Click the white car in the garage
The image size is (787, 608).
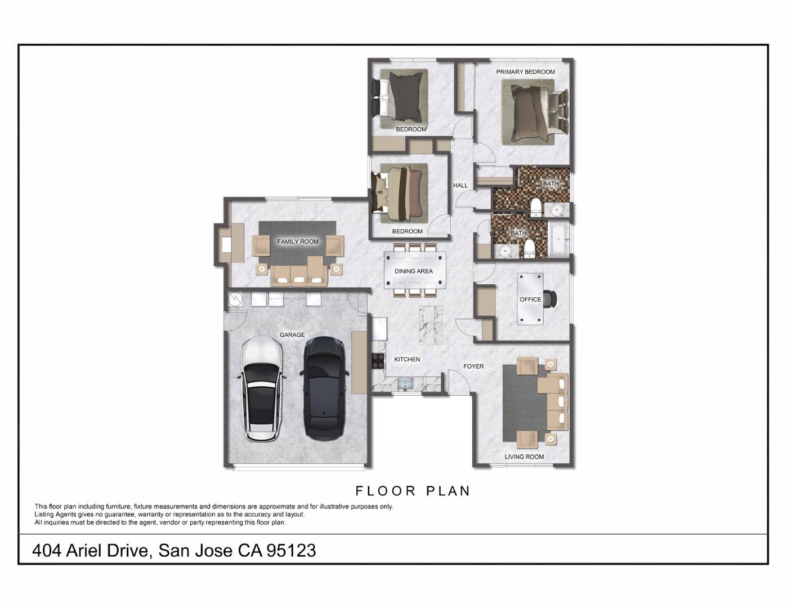pyautogui.click(x=262, y=388)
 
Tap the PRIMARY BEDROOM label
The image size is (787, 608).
pyautogui.click(x=525, y=72)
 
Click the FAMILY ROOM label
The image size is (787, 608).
pyautogui.click(x=298, y=242)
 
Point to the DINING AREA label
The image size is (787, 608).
pyautogui.click(x=414, y=271)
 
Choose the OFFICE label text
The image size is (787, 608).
pyautogui.click(x=530, y=299)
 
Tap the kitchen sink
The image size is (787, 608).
pyautogui.click(x=405, y=384)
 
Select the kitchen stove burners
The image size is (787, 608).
pyautogui.click(x=377, y=360)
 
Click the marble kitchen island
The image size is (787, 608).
pyautogui.click(x=431, y=325)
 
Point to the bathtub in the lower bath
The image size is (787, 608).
pyautogui.click(x=559, y=240)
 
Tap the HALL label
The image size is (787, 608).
pyautogui.click(x=460, y=185)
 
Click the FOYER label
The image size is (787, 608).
pyautogui.click(x=473, y=366)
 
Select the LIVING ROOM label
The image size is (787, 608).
pyautogui.click(x=524, y=457)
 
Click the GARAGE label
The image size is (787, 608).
pyautogui.click(x=292, y=335)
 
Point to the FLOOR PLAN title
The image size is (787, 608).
pyautogui.click(x=413, y=491)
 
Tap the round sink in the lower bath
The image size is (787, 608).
pyautogui.click(x=505, y=251)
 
